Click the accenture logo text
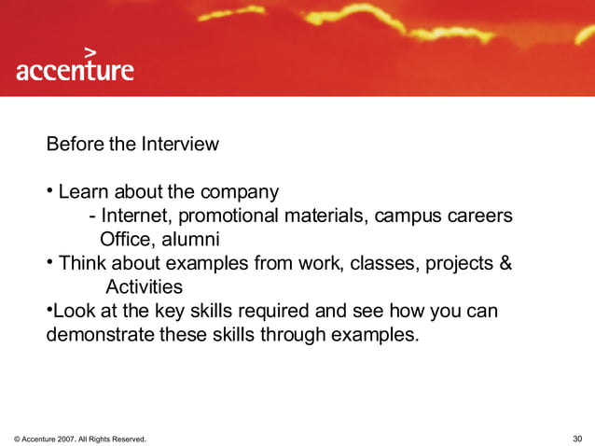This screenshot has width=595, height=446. point(75,71)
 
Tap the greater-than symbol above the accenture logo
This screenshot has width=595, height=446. point(90,51)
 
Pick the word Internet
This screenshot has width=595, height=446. point(135,216)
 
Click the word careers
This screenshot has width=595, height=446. point(480,216)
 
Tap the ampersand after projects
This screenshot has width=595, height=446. point(505,263)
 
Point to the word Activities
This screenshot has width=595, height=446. point(144,286)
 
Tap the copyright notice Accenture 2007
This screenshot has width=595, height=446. point(79,439)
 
